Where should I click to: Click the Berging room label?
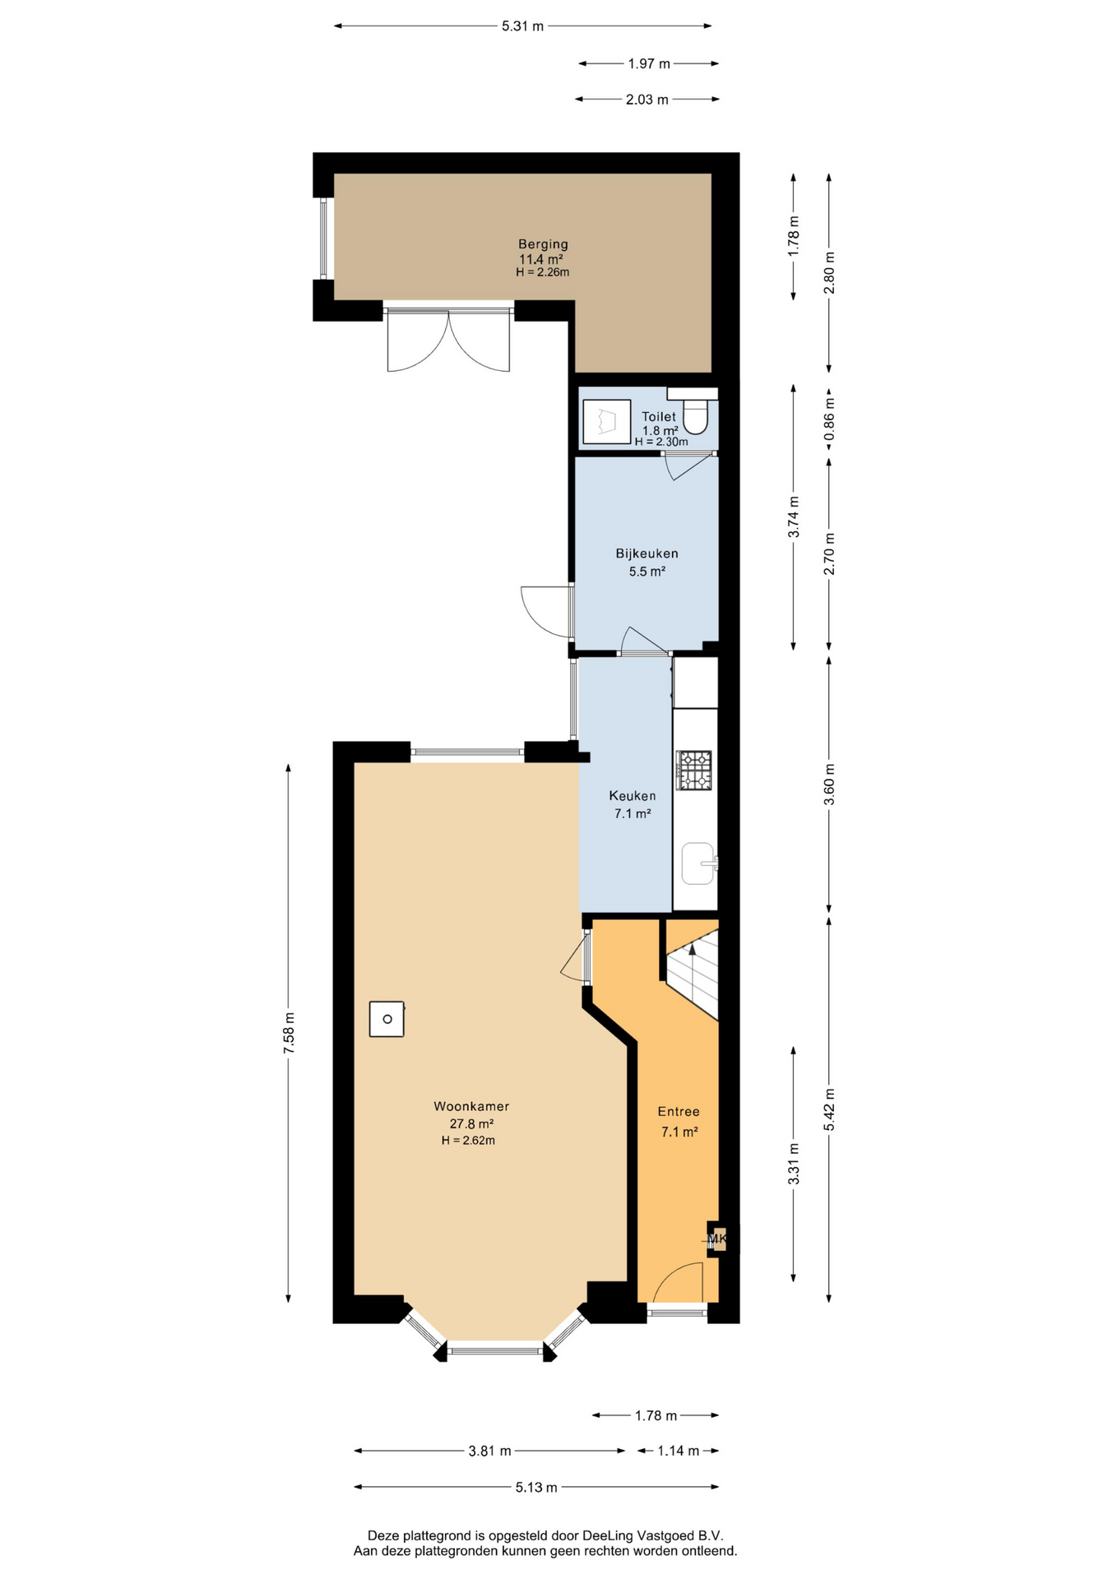tap(543, 244)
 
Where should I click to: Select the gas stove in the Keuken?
tap(693, 771)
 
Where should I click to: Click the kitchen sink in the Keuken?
tap(698, 864)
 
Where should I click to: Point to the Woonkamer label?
tap(471, 1106)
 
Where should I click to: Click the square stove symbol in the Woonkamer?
tap(387, 1019)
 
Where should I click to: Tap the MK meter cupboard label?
tap(717, 1239)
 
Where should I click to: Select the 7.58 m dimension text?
tap(288, 1034)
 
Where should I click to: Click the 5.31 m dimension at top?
tap(523, 26)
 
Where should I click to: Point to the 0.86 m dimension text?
tap(829, 419)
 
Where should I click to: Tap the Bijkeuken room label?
tap(647, 553)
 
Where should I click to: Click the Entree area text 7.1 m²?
tap(679, 1132)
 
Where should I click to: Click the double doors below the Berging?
tap(448, 339)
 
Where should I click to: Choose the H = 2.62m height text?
tap(468, 1140)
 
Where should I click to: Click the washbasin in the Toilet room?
tap(606, 422)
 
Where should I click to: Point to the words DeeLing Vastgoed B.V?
tap(653, 1535)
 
